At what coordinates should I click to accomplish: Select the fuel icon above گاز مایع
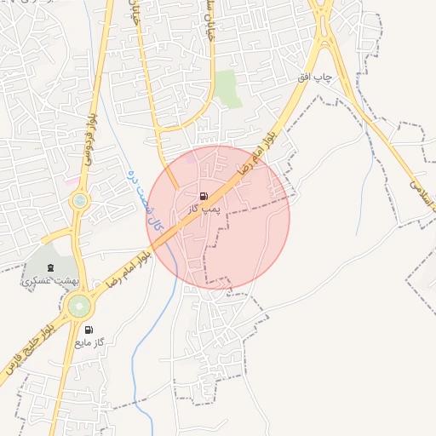tap(89, 329)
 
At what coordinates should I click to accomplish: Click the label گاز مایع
tap(89, 341)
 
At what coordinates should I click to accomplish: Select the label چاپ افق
tap(313, 77)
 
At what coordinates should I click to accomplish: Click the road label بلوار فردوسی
tap(88, 136)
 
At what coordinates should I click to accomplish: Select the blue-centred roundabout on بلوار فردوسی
tap(79, 202)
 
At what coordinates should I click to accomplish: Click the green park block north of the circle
tap(227, 88)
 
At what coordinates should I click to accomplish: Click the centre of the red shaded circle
tap(218, 217)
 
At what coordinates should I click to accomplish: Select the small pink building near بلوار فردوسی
tap(70, 181)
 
